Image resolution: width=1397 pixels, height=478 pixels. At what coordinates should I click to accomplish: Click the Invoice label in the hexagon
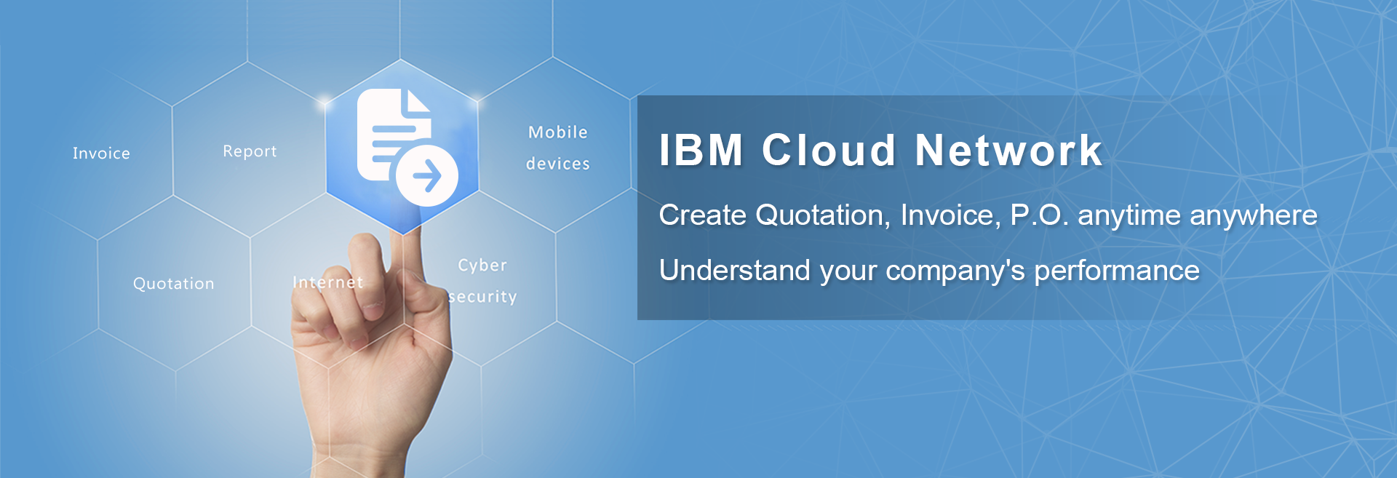click(x=101, y=154)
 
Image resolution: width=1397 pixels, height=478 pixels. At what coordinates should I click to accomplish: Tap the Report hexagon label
click(x=250, y=151)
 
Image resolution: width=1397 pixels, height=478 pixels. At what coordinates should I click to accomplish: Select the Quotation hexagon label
click(x=174, y=284)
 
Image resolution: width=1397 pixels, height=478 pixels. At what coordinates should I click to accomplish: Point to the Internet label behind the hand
click(x=327, y=282)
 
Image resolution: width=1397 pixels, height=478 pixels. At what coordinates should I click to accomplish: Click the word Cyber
click(x=482, y=266)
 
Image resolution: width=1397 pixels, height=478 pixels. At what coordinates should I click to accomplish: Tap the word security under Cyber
click(x=482, y=297)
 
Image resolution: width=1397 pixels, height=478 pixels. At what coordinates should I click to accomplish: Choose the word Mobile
click(x=558, y=132)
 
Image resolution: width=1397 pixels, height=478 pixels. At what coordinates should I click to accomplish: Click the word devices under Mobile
click(x=558, y=164)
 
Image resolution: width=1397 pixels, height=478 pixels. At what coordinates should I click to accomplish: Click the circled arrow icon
click(x=427, y=175)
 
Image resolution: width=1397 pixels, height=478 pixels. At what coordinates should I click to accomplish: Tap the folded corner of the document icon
click(x=418, y=101)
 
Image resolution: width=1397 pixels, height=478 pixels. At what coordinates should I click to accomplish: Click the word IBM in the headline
click(x=701, y=151)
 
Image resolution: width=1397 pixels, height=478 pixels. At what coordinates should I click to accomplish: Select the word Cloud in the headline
click(x=829, y=151)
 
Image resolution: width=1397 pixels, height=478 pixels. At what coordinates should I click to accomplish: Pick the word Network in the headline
click(x=1009, y=151)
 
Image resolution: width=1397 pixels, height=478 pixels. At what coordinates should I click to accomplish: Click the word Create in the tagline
click(x=703, y=215)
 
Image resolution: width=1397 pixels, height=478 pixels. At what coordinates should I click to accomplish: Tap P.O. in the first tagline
click(x=1040, y=215)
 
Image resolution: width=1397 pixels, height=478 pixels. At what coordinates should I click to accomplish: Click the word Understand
click(x=735, y=271)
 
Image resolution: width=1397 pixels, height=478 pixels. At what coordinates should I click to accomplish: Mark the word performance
click(x=1117, y=271)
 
